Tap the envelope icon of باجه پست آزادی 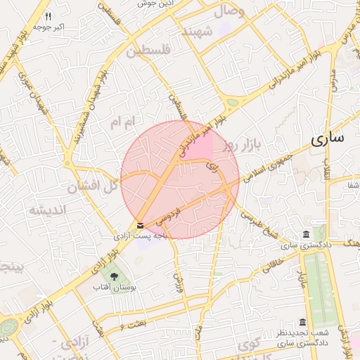click(141, 225)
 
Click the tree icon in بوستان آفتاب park click(115, 275)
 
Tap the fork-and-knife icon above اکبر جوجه click(48, 15)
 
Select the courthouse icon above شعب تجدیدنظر click(303, 321)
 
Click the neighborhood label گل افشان click(91, 187)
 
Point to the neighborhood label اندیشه click(46, 210)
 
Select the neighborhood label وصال click(228, 11)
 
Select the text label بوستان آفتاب click(115, 288)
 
